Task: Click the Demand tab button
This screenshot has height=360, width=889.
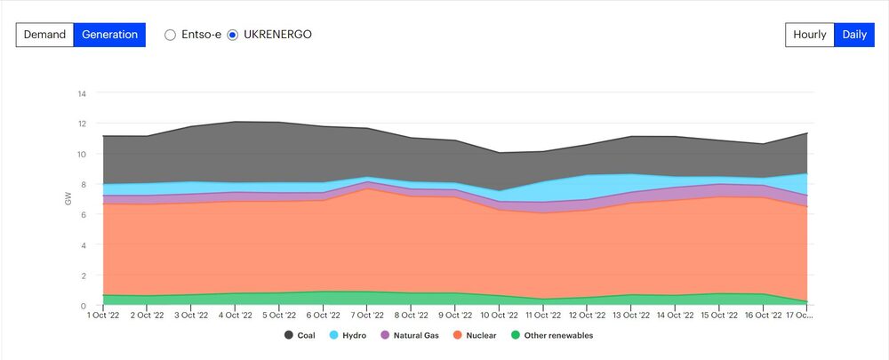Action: pyautogui.click(x=44, y=35)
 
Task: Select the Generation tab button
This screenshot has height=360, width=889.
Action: pyautogui.click(x=109, y=35)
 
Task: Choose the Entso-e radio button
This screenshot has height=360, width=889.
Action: pyautogui.click(x=171, y=35)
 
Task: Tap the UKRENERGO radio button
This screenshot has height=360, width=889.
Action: pyautogui.click(x=233, y=35)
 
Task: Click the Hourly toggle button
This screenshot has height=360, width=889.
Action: pyautogui.click(x=809, y=35)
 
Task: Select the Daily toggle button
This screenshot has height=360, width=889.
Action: pyautogui.click(x=854, y=35)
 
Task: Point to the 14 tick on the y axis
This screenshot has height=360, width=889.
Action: pyautogui.click(x=82, y=93)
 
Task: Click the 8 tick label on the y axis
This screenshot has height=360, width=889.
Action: pyautogui.click(x=83, y=184)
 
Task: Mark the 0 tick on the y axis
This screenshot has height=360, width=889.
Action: pyautogui.click(x=83, y=306)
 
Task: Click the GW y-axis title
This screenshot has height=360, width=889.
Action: pyautogui.click(x=68, y=200)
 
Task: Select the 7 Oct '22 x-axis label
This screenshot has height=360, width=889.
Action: pyautogui.click(x=367, y=316)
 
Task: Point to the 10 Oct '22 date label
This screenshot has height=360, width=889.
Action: pyautogui.click(x=499, y=316)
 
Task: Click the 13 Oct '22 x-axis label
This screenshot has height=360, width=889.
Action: pyautogui.click(x=630, y=316)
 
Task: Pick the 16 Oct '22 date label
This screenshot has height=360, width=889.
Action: pyautogui.click(x=762, y=316)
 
